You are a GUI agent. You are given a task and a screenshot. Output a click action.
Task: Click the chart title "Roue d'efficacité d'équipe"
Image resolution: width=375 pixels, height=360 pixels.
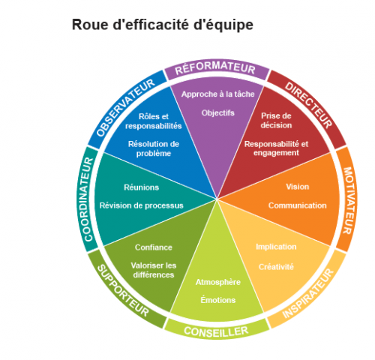coord(163,25)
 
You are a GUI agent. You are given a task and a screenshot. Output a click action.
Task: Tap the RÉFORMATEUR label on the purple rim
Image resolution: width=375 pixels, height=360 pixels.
coord(215,68)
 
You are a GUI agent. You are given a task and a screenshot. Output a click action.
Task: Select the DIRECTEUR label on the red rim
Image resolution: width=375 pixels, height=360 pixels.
coord(309,105)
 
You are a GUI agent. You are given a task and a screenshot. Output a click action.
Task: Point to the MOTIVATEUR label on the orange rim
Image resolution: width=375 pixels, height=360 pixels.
coord(348,201)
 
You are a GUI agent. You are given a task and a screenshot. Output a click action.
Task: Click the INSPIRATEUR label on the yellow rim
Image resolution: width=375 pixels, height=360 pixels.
coord(308,293)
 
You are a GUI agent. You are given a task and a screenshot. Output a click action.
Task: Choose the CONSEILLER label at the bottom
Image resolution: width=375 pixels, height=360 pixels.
coord(216,331)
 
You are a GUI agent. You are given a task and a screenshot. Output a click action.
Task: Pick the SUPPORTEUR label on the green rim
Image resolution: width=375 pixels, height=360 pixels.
coord(123,290)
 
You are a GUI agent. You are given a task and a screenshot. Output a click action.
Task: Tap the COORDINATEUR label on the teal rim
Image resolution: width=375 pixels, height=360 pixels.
coord(88,199)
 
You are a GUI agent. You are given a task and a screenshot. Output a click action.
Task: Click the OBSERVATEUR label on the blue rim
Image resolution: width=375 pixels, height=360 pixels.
coord(125,108)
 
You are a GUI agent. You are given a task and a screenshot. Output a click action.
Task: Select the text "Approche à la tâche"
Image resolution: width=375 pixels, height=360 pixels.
coord(218,94)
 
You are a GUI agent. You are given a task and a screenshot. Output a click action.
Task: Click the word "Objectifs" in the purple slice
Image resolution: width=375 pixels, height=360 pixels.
coord(218,113)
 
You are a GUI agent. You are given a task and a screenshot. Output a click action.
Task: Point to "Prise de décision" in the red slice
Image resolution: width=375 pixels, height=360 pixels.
coord(276,121)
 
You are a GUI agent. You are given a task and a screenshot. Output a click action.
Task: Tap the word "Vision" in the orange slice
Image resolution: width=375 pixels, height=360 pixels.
coord(298,187)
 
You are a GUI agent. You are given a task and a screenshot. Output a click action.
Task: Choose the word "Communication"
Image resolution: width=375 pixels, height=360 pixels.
coord(298,205)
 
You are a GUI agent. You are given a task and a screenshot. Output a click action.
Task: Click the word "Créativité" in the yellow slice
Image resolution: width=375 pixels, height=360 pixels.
coord(276,267)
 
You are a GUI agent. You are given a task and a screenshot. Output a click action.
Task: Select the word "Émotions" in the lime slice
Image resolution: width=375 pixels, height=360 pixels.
coord(218,300)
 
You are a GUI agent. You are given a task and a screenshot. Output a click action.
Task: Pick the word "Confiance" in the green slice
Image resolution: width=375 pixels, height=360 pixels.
coord(154,247)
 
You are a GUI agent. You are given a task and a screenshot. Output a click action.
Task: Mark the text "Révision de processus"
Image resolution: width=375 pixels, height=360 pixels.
coord(142,205)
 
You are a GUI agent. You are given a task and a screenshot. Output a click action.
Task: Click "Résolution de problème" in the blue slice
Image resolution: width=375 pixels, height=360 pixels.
coord(154,148)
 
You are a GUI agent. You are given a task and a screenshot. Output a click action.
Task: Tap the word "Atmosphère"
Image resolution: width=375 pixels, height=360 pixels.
coord(218,282)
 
